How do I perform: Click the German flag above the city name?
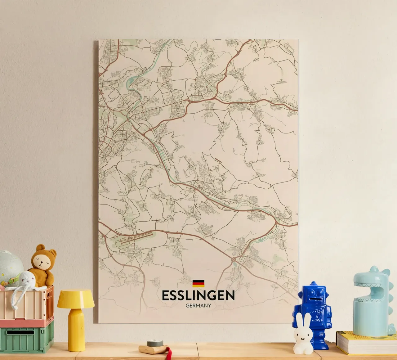point(198,283)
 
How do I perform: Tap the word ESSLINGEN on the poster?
point(198,295)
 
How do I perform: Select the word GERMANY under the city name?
point(198,305)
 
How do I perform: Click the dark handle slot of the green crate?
point(20,332)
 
